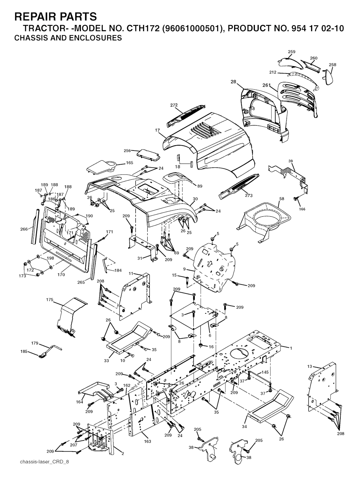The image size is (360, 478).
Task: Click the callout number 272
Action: click(174, 105)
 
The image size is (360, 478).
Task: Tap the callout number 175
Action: click(50, 300)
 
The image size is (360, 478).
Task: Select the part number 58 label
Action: click(282, 199)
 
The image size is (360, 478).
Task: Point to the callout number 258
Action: click(332, 65)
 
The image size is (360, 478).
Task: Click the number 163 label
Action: click(148, 441)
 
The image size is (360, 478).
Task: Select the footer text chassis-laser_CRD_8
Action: click(45, 461)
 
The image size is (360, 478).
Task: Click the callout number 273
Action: click(248, 196)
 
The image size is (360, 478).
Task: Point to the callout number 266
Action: click(24, 229)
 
